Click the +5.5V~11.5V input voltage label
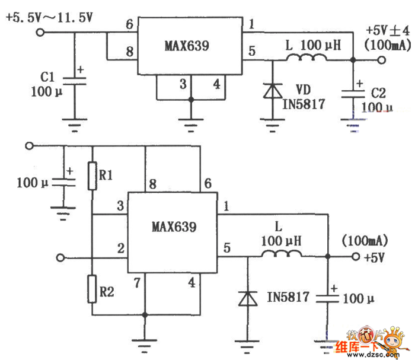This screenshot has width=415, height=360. (50, 18)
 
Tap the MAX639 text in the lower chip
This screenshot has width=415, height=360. (174, 227)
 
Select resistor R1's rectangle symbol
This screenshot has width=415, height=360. (92, 176)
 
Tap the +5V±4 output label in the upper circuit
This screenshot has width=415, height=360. (385, 31)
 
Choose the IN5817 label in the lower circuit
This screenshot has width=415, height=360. (288, 297)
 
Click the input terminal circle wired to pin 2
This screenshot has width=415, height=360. (59, 257)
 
